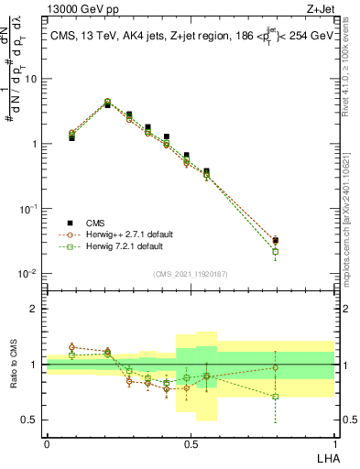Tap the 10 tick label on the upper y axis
click(x=31, y=79)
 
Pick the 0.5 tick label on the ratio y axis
click(x=31, y=420)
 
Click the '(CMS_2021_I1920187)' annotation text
click(x=190, y=273)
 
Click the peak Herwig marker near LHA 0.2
click(x=107, y=102)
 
